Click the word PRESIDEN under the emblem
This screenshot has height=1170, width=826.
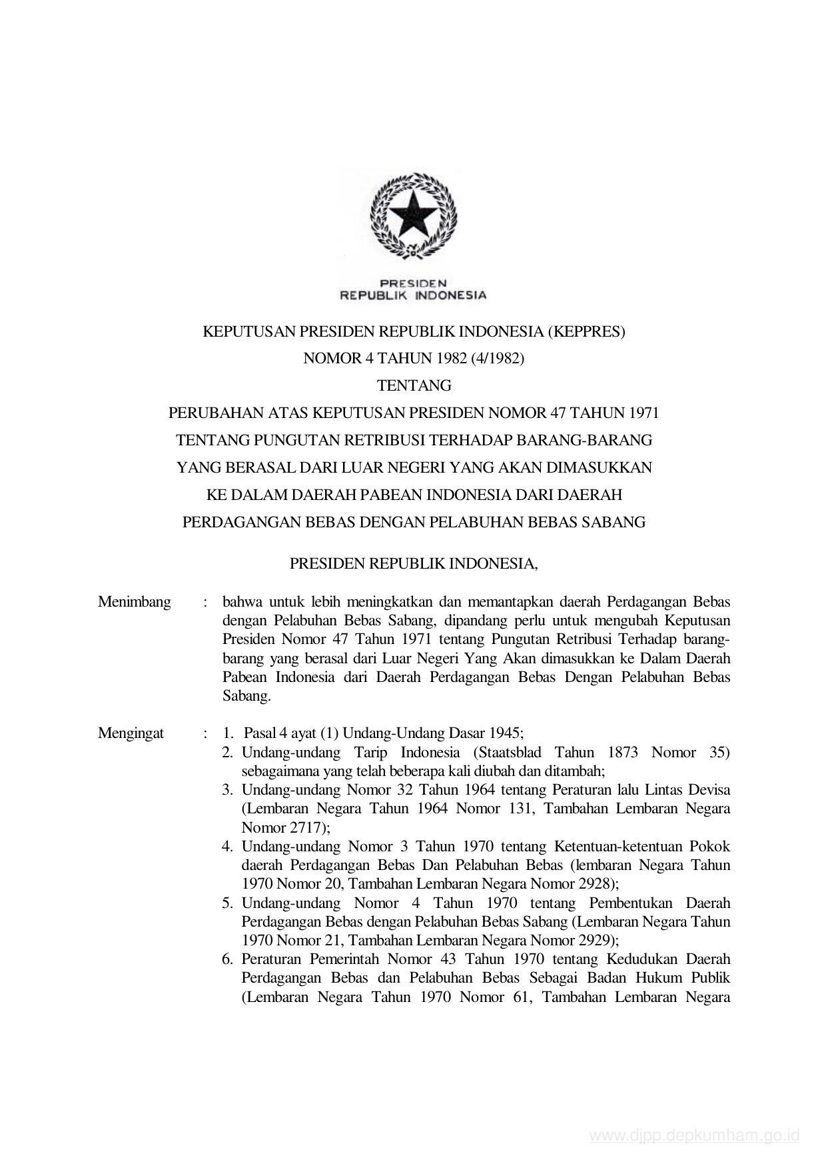[413, 283]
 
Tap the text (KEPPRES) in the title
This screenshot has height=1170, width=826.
[586, 331]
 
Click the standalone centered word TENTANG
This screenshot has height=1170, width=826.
[414, 386]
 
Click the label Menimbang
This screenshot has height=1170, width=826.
[134, 602]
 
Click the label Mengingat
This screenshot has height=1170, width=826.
[131, 734]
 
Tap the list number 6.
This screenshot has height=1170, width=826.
[227, 959]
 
